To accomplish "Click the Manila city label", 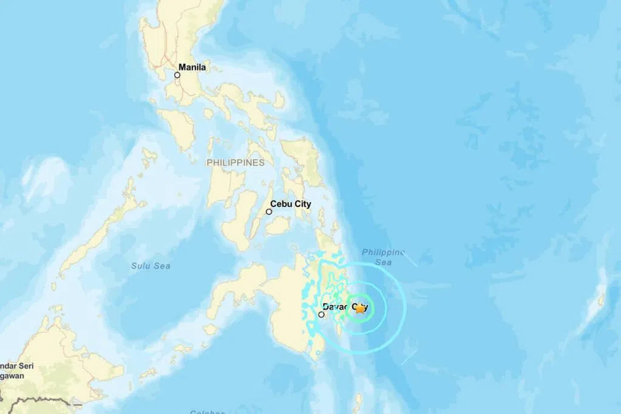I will click(192, 67).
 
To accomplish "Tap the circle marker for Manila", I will click(177, 75).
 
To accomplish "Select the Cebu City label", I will click(290, 204).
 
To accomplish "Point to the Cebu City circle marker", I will click(269, 212).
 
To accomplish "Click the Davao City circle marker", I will click(321, 314).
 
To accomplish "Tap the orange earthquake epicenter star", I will click(360, 308).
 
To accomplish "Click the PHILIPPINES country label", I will click(236, 163).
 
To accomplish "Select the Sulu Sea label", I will click(151, 266).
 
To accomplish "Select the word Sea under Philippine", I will click(383, 262).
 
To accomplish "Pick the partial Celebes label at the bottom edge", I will click(207, 412).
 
